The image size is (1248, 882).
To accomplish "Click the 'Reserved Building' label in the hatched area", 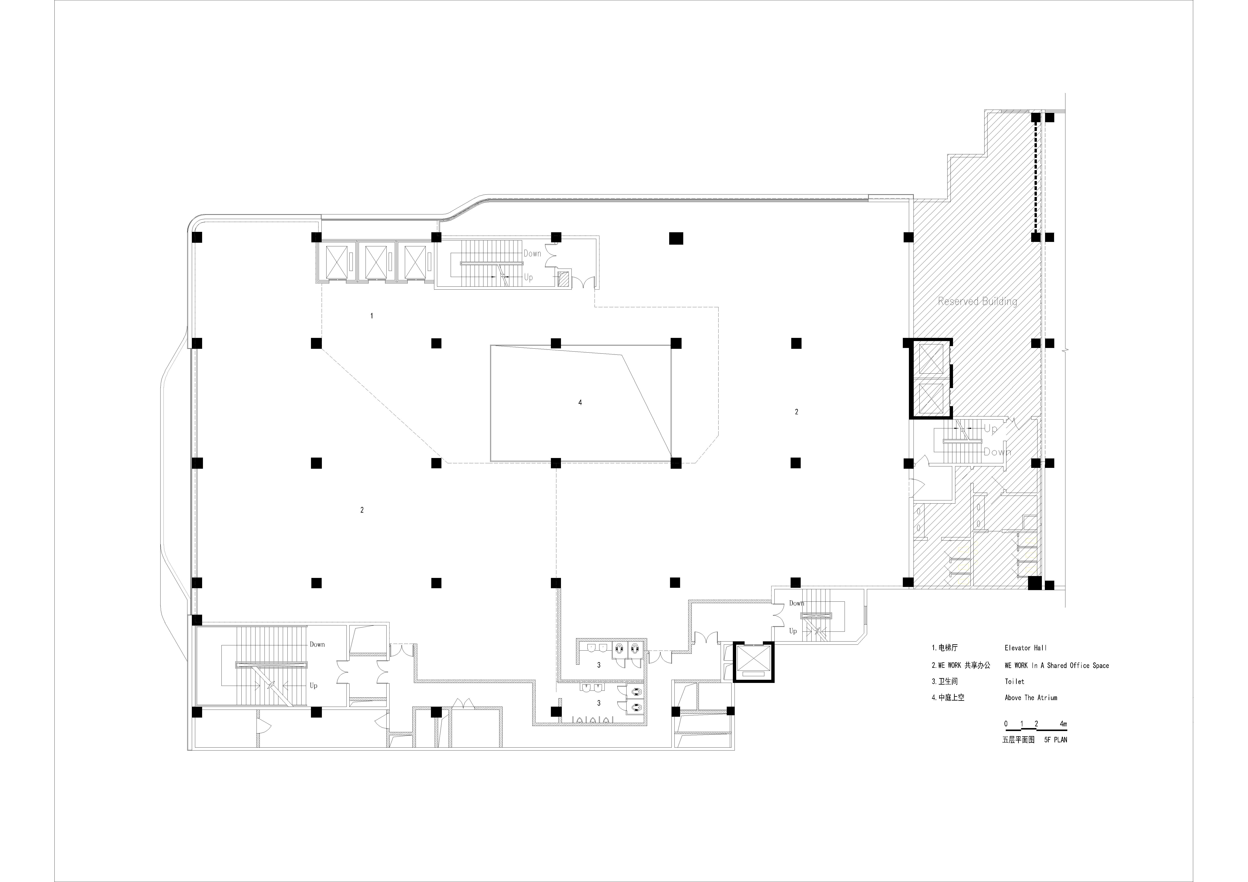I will click(x=977, y=301).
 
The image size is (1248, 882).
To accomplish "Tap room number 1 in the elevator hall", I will click(x=372, y=316).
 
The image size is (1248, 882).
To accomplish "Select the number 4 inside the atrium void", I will click(x=580, y=403).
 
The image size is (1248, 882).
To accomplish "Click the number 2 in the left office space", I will click(x=362, y=510).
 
